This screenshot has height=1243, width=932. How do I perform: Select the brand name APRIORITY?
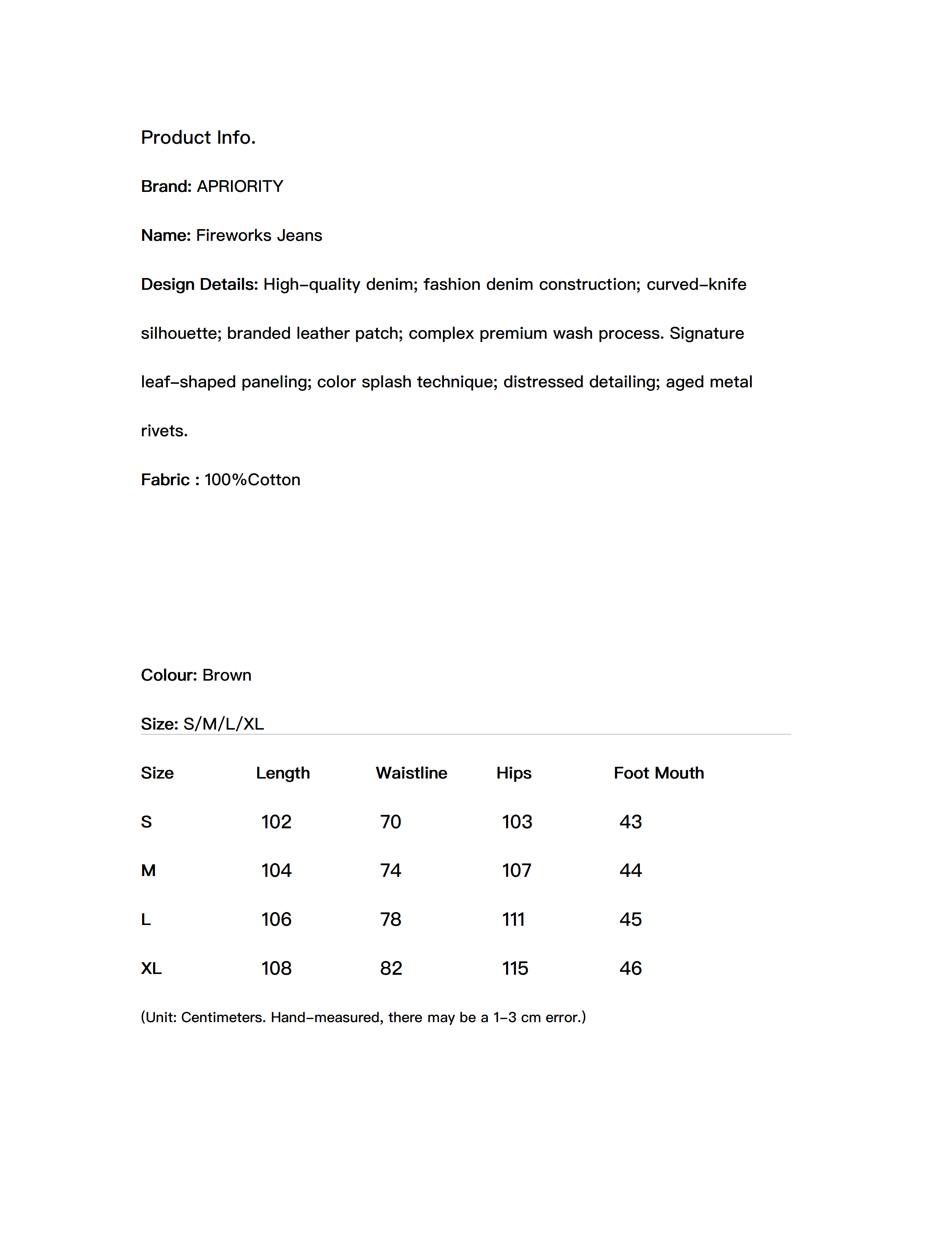pyautogui.click(x=240, y=186)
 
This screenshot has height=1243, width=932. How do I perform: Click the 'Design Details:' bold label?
pyautogui.click(x=199, y=284)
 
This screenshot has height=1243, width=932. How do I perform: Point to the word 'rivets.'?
pyautogui.click(x=164, y=431)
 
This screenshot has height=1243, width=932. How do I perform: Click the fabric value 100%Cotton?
pyautogui.click(x=252, y=480)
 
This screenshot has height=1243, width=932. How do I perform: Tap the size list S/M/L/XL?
pyautogui.click(x=224, y=724)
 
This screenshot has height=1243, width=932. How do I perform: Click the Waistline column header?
pyautogui.click(x=411, y=773)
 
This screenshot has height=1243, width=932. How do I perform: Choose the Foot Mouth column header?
pyautogui.click(x=658, y=773)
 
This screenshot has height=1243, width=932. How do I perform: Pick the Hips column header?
pyautogui.click(x=514, y=773)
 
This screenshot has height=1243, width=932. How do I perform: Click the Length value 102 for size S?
pyautogui.click(x=276, y=822)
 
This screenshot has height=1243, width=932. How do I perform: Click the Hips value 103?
pyautogui.click(x=517, y=822)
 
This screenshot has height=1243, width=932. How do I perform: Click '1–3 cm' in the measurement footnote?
pyautogui.click(x=517, y=1018)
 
